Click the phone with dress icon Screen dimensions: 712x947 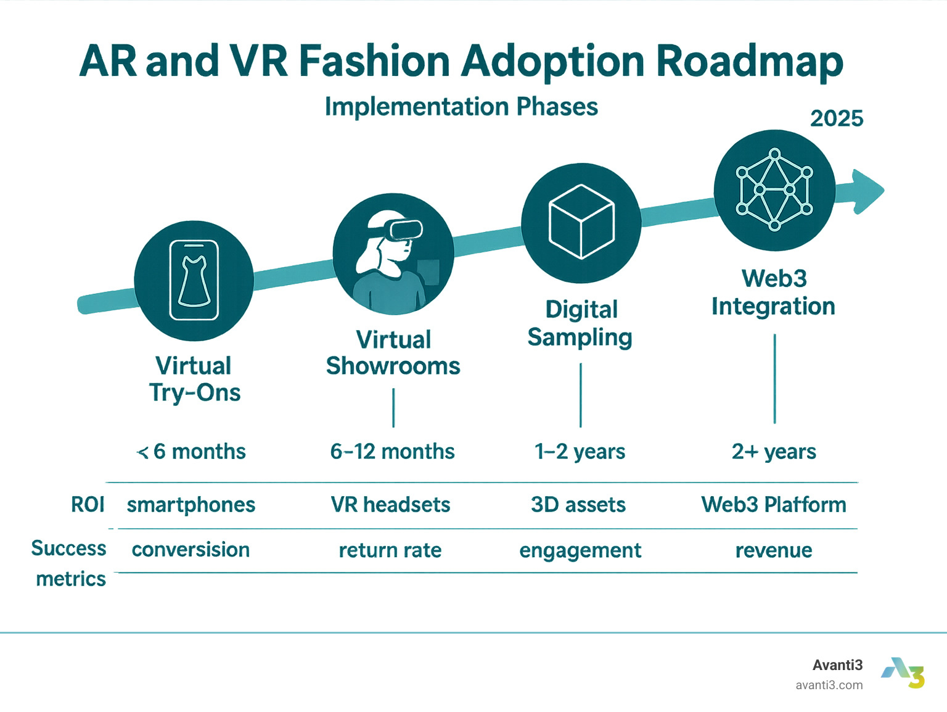click(x=194, y=280)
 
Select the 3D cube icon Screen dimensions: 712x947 click(x=581, y=221)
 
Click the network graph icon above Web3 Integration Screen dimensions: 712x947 click(x=774, y=189)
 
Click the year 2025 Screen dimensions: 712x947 click(x=836, y=118)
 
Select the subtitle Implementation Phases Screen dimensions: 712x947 click(x=461, y=107)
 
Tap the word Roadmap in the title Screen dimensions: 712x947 click(x=749, y=62)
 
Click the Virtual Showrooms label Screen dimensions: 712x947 click(x=393, y=353)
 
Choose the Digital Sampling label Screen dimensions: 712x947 click(x=580, y=323)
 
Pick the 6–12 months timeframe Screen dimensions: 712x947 click(x=392, y=452)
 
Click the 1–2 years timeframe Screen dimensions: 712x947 click(x=580, y=452)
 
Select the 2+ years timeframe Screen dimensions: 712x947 click(x=774, y=452)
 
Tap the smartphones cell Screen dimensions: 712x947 click(x=191, y=505)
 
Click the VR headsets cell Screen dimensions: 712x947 click(x=390, y=505)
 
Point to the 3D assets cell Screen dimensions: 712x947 click(x=578, y=505)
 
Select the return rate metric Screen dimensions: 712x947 click(x=390, y=550)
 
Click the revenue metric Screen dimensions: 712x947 click(x=774, y=550)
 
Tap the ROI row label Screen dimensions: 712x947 click(x=88, y=505)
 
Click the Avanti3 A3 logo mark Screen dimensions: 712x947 click(x=903, y=673)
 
